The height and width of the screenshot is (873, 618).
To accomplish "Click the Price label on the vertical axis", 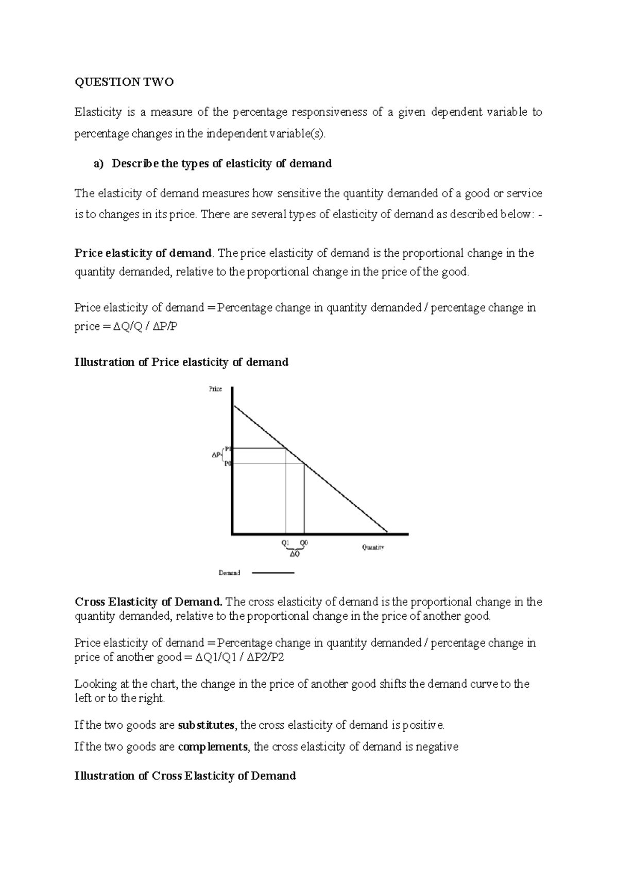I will point(215,389).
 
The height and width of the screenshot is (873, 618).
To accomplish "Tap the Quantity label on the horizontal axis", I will point(373,548).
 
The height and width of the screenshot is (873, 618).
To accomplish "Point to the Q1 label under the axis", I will point(285,543).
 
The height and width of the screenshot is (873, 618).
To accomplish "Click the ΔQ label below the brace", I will point(295,554).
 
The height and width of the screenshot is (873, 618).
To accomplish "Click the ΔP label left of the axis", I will point(216,455).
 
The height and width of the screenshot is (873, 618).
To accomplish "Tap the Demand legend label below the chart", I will point(229,572).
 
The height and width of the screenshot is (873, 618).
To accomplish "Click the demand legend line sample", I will point(273,572).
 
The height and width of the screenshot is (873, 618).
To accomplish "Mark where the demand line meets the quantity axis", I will point(387,532).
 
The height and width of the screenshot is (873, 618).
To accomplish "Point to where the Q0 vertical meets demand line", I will point(304,464).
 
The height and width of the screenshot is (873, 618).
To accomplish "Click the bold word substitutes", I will point(206,725).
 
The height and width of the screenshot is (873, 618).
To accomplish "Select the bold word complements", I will point(213,746).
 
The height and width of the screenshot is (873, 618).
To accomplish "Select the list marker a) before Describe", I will point(98,164).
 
